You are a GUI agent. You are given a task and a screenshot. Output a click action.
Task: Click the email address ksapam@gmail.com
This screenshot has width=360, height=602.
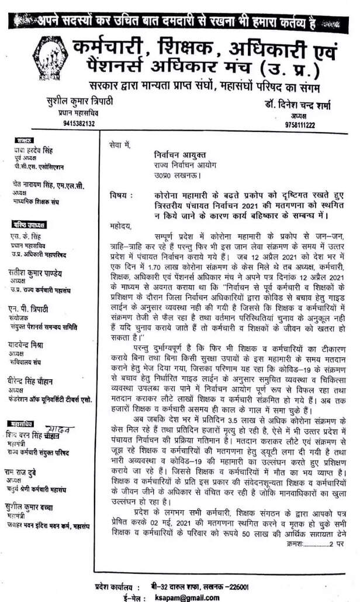[186, 597]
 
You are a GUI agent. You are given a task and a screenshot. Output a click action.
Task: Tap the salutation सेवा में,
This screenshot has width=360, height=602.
[120, 143]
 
